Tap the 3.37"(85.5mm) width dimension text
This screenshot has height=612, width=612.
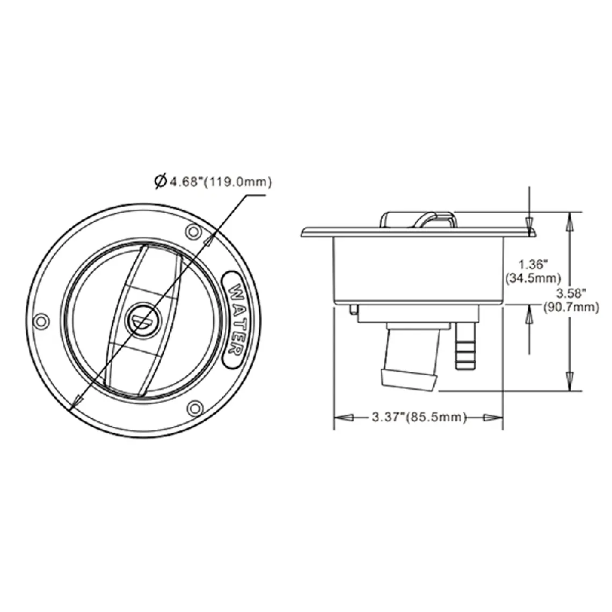pos(419,417)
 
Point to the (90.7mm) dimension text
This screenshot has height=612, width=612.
pos(571,307)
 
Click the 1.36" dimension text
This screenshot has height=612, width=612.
pos(533,264)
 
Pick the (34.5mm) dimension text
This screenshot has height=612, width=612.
pos(533,278)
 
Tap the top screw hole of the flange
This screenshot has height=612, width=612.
pos(193,232)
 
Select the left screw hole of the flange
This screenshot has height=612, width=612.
pos(41,322)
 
